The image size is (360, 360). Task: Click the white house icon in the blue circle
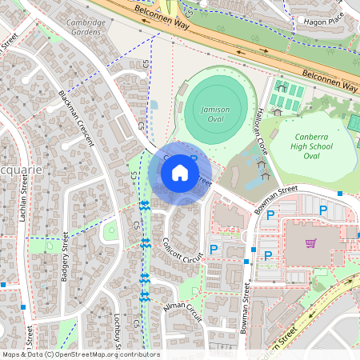tap(180, 173)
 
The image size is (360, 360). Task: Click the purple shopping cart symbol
tap(310, 243)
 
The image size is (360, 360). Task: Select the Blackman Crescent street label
tap(77, 118)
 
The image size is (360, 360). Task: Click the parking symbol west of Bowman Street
tap(214, 250)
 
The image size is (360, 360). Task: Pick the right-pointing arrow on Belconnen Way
tap(263, 50)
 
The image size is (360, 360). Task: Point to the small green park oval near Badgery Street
tap(110, 232)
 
